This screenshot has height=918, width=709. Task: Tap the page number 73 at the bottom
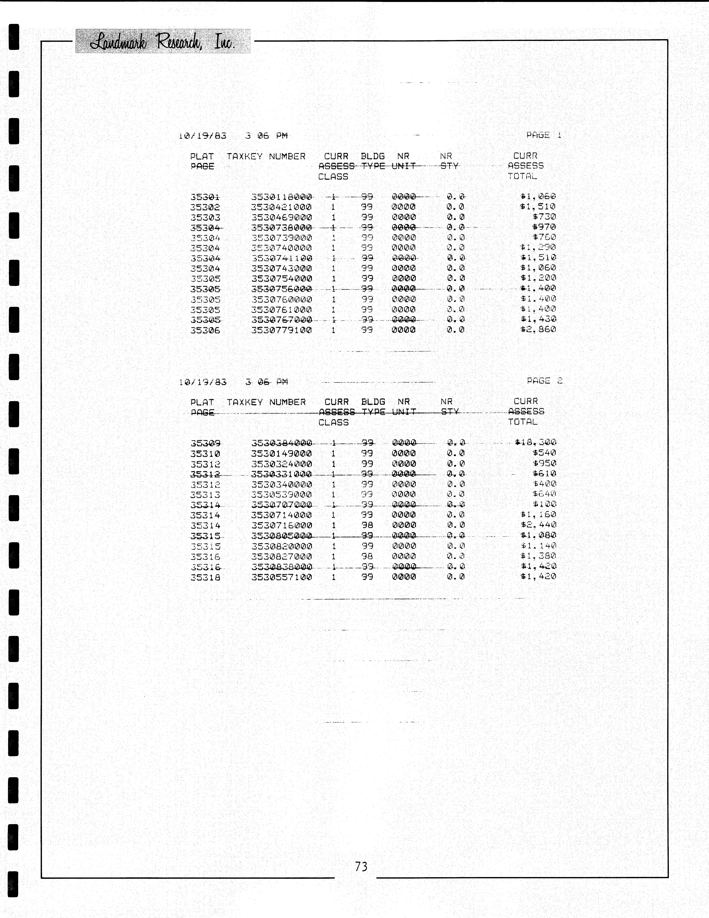(x=361, y=866)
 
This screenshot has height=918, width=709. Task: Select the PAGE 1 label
(x=544, y=135)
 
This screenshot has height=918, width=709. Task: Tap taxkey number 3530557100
(x=282, y=577)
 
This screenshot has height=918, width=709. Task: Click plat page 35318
(x=205, y=577)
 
